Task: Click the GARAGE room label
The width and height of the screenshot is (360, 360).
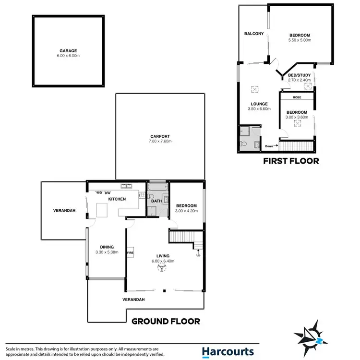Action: tap(68, 51)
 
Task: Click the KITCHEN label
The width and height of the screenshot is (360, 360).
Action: tap(117, 199)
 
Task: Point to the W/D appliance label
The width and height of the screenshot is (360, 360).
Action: tap(99, 193)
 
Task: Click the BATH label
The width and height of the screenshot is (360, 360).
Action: tap(156, 201)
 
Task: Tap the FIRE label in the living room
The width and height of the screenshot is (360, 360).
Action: tap(130, 252)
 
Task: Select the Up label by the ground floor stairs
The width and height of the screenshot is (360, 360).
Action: tap(198, 255)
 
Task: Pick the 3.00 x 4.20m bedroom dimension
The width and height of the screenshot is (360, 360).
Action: tap(186, 211)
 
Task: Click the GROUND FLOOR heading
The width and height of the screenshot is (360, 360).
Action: tap(166, 321)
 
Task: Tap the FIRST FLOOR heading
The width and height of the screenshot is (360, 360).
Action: tap(290, 161)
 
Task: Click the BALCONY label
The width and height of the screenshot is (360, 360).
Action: tap(254, 34)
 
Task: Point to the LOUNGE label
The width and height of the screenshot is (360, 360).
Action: tap(259, 104)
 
